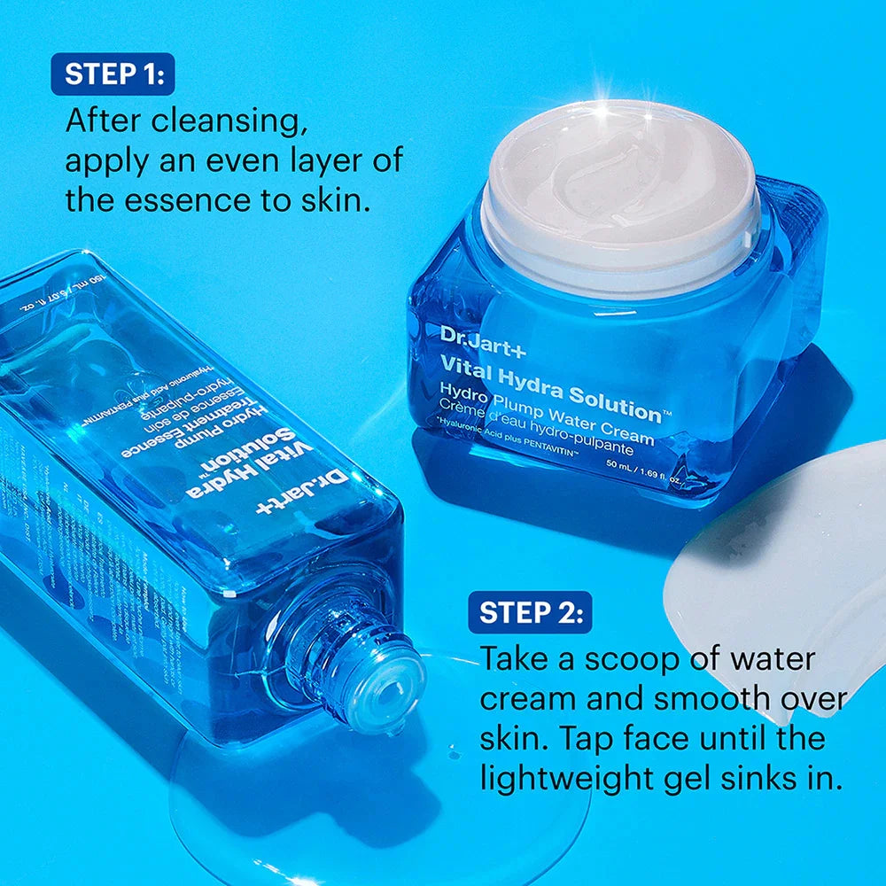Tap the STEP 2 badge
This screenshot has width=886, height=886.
click(530, 612)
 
